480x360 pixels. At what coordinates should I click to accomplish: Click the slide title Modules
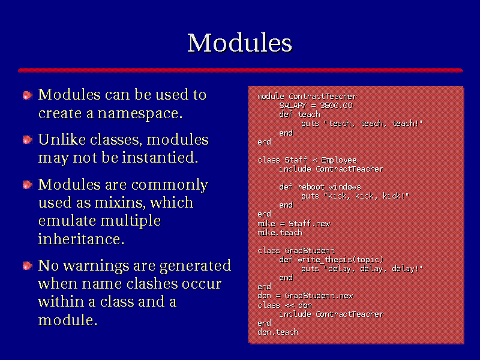(x=239, y=43)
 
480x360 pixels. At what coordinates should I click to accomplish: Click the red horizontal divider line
(x=241, y=70)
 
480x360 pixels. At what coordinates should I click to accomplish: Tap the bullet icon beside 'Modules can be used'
(x=28, y=95)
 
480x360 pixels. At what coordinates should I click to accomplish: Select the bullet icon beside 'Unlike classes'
(x=28, y=140)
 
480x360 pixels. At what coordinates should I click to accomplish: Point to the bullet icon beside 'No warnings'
(x=28, y=265)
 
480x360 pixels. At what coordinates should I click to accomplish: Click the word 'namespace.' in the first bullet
(x=140, y=114)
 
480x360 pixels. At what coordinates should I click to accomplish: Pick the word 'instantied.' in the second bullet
(x=160, y=157)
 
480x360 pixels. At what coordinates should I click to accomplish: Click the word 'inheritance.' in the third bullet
(x=81, y=239)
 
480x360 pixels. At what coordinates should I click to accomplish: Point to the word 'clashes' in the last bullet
(x=152, y=283)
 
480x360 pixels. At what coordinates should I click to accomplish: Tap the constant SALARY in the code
(x=292, y=106)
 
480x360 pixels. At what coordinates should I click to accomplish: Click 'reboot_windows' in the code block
(x=329, y=187)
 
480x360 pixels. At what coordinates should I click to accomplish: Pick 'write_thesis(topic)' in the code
(x=340, y=260)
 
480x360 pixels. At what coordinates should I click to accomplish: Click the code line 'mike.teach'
(x=280, y=233)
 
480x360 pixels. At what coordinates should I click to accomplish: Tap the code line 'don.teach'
(x=278, y=332)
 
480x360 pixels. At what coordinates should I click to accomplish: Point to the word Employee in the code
(x=338, y=160)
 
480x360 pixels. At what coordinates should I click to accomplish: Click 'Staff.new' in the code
(x=309, y=224)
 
